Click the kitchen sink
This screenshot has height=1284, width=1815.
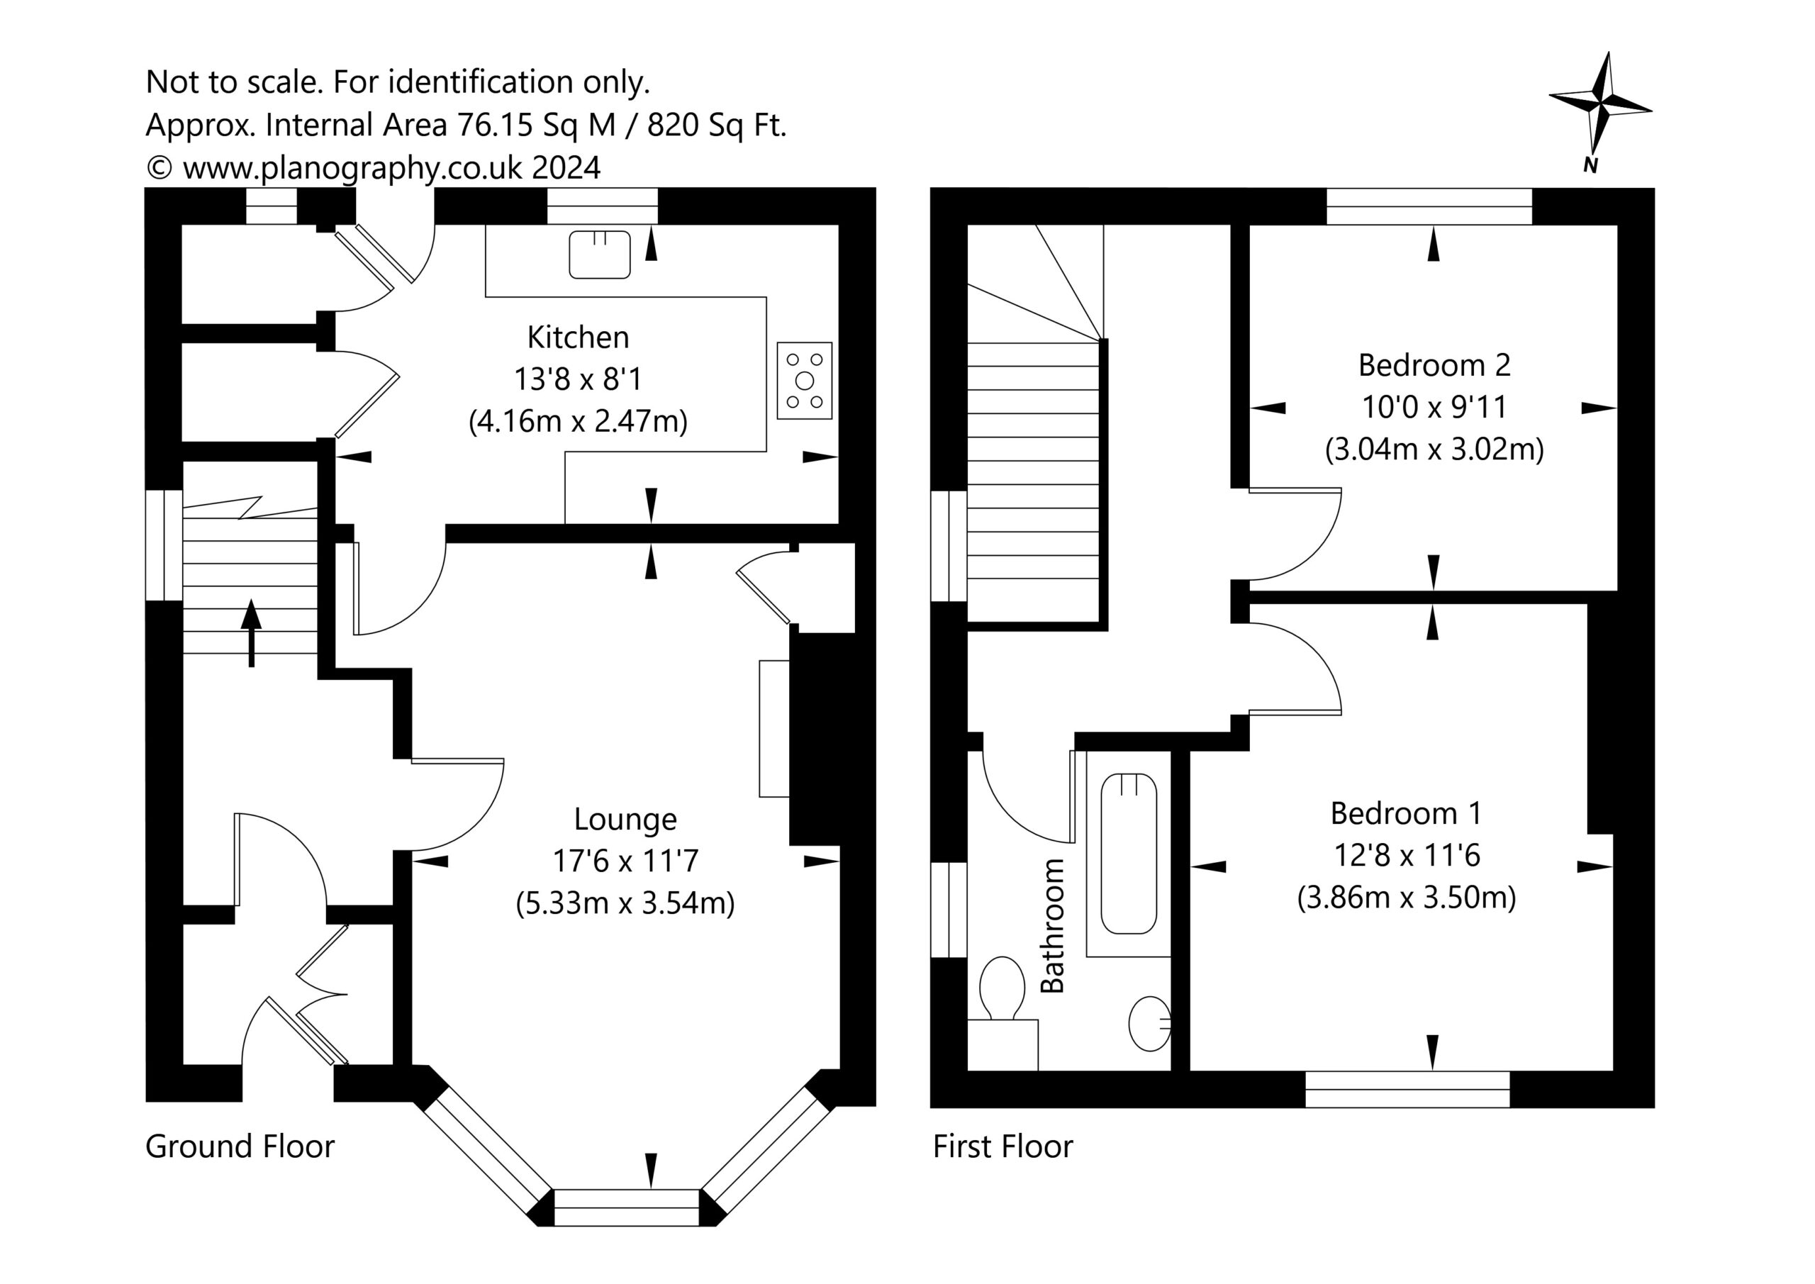pyautogui.click(x=599, y=255)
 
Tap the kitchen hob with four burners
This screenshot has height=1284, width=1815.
pyautogui.click(x=805, y=380)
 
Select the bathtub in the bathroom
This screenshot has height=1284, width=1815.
pyautogui.click(x=1129, y=853)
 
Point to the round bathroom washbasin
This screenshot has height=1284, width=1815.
pyautogui.click(x=1149, y=1023)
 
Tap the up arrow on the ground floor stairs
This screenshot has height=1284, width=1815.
pyautogui.click(x=252, y=632)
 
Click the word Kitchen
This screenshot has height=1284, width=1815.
pyautogui.click(x=578, y=337)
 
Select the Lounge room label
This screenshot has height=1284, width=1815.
pyautogui.click(x=625, y=820)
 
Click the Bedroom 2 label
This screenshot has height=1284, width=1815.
pyautogui.click(x=1434, y=365)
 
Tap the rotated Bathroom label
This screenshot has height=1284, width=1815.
pyautogui.click(x=1052, y=925)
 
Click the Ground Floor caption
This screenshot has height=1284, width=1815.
pyautogui.click(x=240, y=1146)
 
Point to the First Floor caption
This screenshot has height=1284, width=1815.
pyautogui.click(x=1003, y=1146)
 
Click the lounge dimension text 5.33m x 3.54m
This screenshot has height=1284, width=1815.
pyautogui.click(x=625, y=903)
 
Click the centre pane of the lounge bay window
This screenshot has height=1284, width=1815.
pyautogui.click(x=627, y=1207)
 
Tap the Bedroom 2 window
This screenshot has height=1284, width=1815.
pyautogui.click(x=1429, y=206)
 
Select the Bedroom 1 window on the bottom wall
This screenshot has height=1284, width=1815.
pyautogui.click(x=1407, y=1090)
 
